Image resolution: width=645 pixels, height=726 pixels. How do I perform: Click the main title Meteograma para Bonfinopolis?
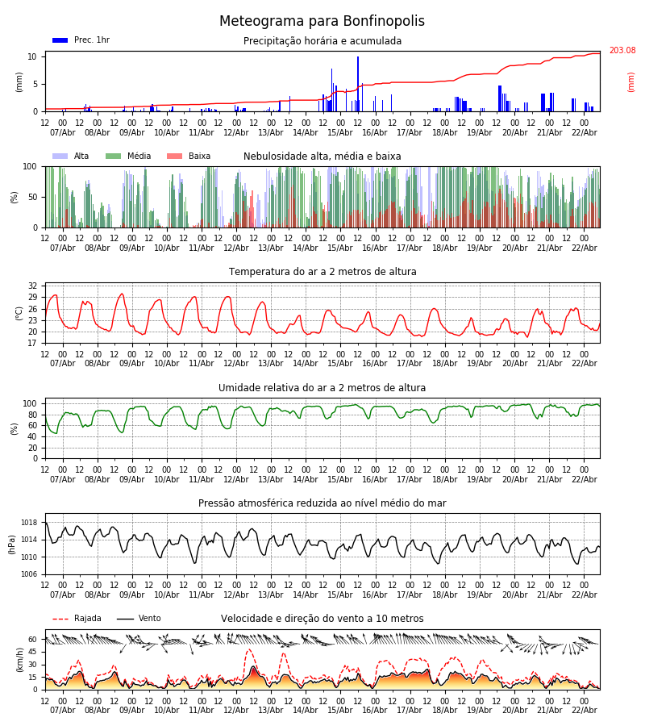[322, 22]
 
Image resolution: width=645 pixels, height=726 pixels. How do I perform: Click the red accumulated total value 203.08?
[622, 51]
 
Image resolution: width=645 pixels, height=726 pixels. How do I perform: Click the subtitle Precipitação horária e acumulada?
[322, 41]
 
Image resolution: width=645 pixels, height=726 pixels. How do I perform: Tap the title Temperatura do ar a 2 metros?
[322, 272]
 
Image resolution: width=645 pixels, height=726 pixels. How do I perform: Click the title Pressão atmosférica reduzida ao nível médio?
[322, 503]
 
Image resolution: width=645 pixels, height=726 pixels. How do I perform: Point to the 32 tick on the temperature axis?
[32, 286]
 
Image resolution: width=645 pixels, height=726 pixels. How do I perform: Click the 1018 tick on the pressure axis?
[29, 523]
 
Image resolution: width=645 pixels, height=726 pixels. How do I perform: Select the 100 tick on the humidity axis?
[30, 403]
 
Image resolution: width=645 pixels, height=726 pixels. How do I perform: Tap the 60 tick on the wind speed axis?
[32, 640]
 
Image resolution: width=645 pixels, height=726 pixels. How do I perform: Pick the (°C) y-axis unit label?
[19, 313]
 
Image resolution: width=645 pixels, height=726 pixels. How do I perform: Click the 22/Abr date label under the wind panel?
[584, 710]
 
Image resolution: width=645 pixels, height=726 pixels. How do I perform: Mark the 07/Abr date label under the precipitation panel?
[62, 132]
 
